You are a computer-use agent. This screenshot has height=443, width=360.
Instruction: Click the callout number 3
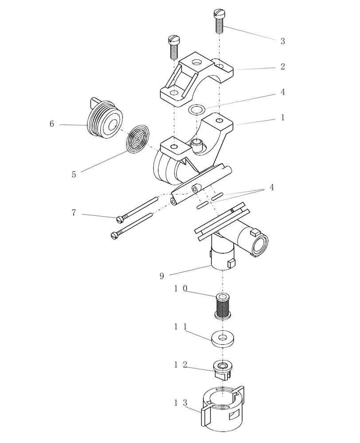(282, 42)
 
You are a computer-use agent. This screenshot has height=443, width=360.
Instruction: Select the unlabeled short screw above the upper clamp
(173, 47)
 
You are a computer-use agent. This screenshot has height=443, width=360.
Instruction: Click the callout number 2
(282, 67)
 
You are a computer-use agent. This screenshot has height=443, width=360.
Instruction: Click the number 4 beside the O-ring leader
(282, 92)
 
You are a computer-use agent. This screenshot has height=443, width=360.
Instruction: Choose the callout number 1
(282, 118)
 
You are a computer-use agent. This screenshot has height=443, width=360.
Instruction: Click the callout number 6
(52, 124)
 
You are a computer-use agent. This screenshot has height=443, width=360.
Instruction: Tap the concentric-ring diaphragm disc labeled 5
(138, 140)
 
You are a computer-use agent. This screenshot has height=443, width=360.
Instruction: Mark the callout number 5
(74, 175)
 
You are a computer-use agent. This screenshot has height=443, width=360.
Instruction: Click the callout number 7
(74, 213)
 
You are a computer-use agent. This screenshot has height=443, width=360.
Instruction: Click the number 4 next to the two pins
(271, 188)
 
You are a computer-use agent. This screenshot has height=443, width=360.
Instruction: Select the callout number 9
(162, 276)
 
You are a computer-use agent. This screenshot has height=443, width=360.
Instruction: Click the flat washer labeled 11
(223, 339)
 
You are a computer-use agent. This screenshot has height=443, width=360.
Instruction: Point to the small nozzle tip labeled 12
(223, 369)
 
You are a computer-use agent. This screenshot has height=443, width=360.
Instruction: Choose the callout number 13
(182, 403)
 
